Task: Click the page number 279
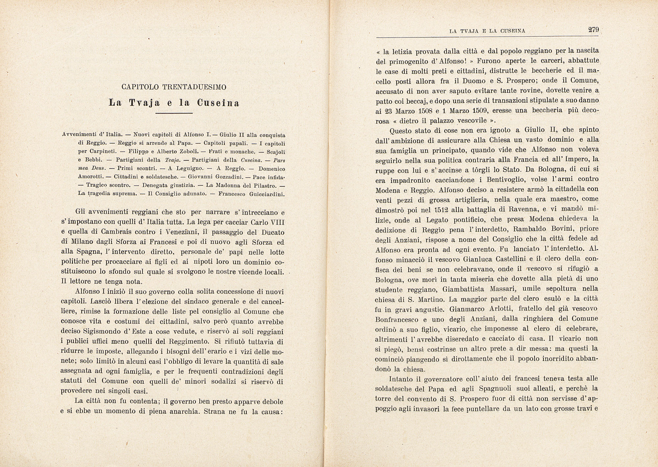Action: click(x=593, y=30)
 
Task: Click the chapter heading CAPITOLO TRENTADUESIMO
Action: click(x=174, y=87)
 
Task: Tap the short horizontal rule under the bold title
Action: click(x=174, y=114)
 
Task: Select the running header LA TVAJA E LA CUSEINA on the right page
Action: click(x=487, y=31)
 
